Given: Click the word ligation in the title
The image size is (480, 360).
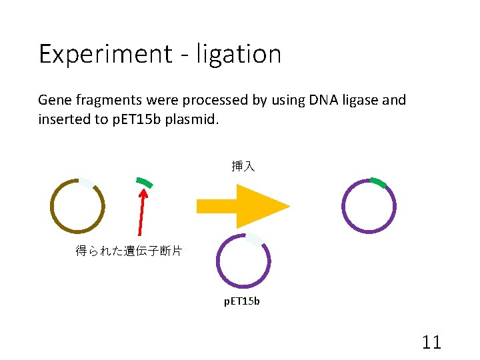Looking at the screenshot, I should click(238, 54).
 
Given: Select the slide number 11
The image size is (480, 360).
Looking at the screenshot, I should click(431, 343).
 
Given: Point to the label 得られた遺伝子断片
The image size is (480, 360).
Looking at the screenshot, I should click(129, 251).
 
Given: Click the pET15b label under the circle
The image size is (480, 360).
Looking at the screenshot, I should click(241, 301).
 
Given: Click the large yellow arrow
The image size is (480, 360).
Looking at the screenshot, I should click(243, 206).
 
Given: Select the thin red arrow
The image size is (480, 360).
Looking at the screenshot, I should click(141, 212).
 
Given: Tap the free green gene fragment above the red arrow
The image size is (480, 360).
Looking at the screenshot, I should click(144, 182).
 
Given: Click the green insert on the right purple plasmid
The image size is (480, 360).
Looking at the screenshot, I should click(379, 182).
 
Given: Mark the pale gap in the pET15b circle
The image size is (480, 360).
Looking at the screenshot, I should click(255, 239).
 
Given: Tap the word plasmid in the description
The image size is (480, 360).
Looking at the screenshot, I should click(193, 119).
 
